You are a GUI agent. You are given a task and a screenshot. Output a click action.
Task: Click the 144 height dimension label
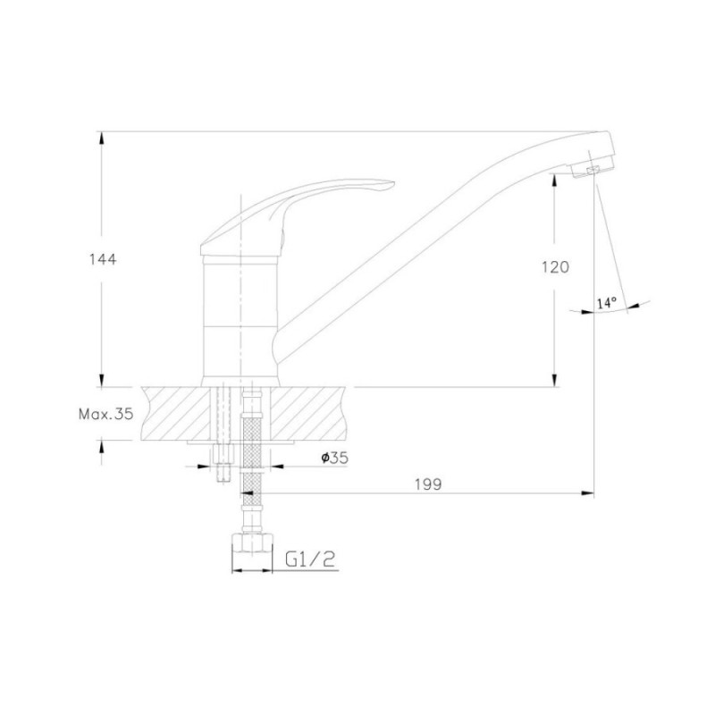(103, 259)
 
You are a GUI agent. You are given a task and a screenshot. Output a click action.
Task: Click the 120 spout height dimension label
(555, 266)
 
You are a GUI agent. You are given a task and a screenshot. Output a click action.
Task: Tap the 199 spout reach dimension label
(428, 484)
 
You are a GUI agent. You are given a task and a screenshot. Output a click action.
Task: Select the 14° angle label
(607, 303)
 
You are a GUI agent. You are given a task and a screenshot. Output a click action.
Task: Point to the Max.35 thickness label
(105, 414)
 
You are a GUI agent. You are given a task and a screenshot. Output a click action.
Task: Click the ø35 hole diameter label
(334, 458)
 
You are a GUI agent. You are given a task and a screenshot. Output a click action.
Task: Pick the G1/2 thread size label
(310, 559)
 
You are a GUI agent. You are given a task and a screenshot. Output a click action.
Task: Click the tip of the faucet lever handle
(393, 184)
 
